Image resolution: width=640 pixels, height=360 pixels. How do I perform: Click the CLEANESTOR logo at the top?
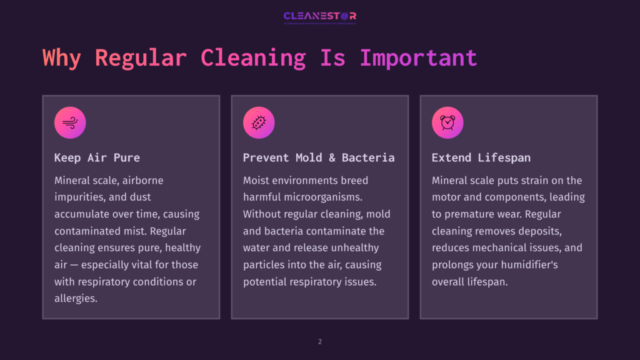(319, 16)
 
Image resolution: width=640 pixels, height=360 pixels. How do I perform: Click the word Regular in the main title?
(141, 57)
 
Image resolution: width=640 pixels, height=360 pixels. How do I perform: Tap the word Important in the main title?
(418, 57)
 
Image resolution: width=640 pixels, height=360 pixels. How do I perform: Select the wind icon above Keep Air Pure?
(70, 122)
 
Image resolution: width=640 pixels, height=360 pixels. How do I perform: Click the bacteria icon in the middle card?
(259, 122)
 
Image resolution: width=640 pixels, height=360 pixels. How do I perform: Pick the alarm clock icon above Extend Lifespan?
(447, 122)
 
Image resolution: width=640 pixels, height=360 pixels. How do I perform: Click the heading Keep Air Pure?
(97, 157)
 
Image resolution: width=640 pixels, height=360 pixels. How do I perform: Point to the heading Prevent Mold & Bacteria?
(319, 157)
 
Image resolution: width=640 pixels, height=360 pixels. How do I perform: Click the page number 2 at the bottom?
(320, 342)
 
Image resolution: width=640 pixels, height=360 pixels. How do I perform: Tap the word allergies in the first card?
(76, 299)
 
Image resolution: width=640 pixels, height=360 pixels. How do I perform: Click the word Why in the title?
(61, 57)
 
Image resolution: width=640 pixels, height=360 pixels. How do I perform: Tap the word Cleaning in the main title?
(253, 57)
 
